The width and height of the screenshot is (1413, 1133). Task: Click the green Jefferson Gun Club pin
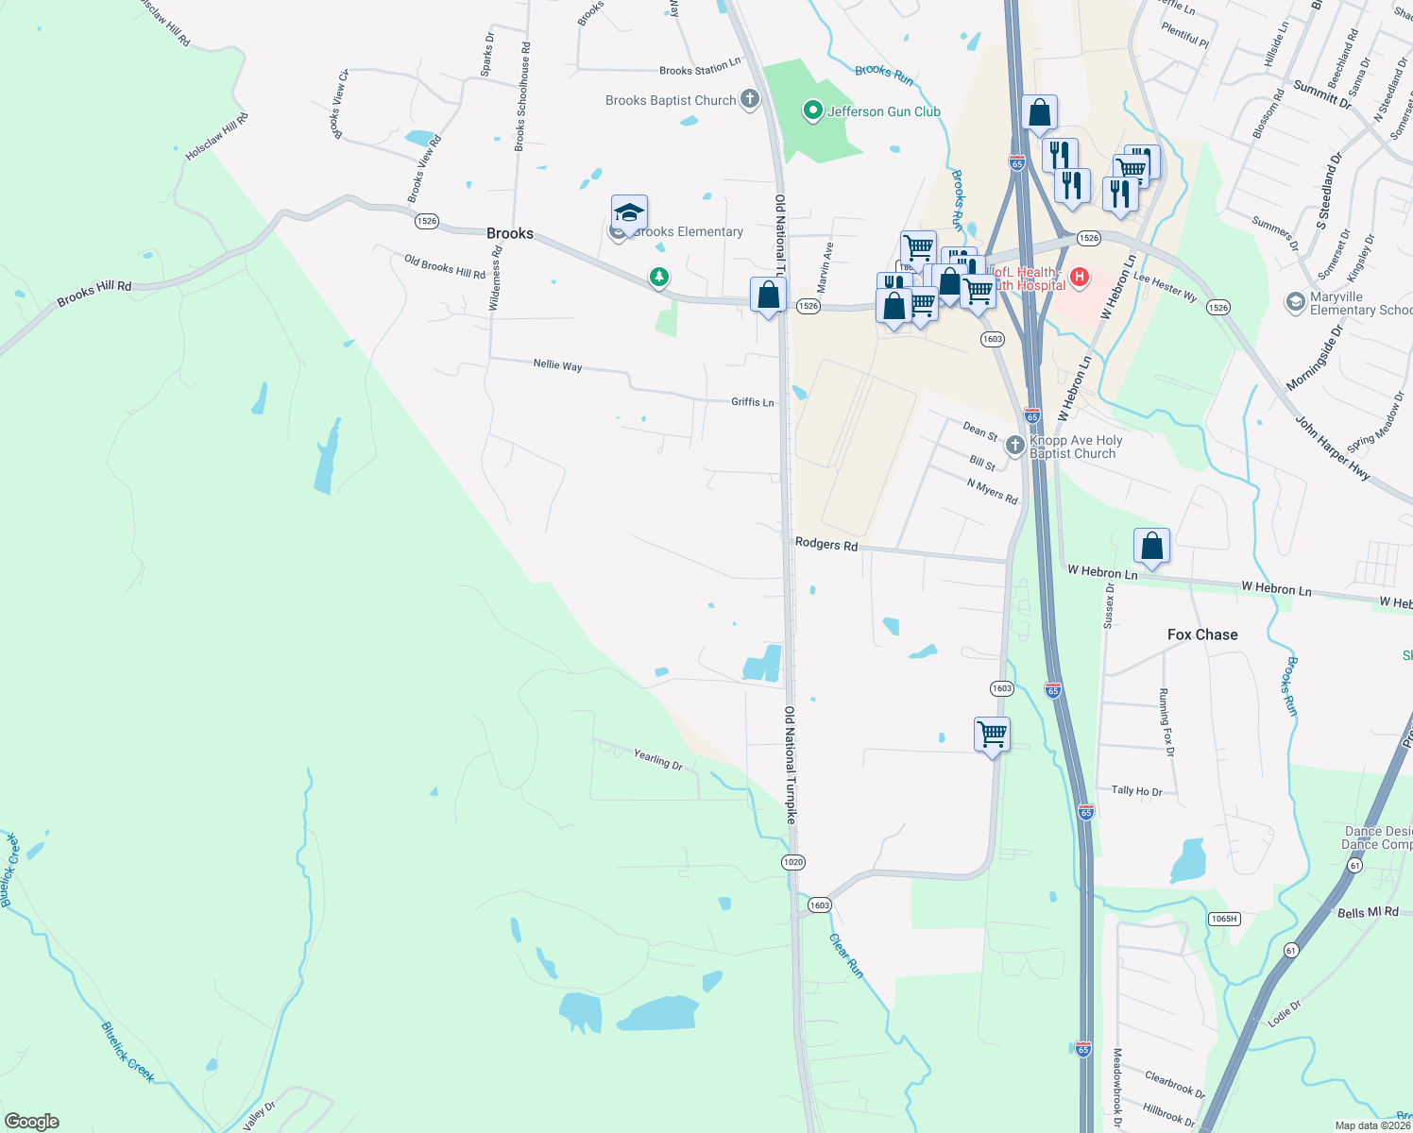[812, 111]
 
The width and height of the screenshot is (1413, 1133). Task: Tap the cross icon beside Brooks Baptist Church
[750, 99]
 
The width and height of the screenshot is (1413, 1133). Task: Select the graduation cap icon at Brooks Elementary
[629, 212]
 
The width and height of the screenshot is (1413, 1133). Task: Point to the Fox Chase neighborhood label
[1202, 634]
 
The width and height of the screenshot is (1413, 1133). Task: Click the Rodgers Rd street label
[826, 544]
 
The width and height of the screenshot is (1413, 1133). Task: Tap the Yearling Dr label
[658, 758]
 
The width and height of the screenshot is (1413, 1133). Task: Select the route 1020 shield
[793, 862]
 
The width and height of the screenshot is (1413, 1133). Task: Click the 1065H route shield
[1224, 919]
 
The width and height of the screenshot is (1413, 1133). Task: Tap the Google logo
[32, 1122]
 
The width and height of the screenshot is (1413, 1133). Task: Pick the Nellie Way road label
[557, 364]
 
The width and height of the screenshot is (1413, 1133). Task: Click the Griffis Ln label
[753, 402]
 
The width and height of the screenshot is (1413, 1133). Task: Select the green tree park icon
[659, 278]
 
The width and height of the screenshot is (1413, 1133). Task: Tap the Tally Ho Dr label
[1136, 791]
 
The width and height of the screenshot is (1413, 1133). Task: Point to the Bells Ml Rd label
[1368, 912]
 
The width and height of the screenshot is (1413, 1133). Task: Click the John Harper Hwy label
[1333, 448]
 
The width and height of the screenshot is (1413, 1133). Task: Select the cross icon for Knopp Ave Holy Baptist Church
[1015, 445]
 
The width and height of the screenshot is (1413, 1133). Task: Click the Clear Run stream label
[846, 955]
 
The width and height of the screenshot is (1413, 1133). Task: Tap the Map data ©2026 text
[1372, 1125]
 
